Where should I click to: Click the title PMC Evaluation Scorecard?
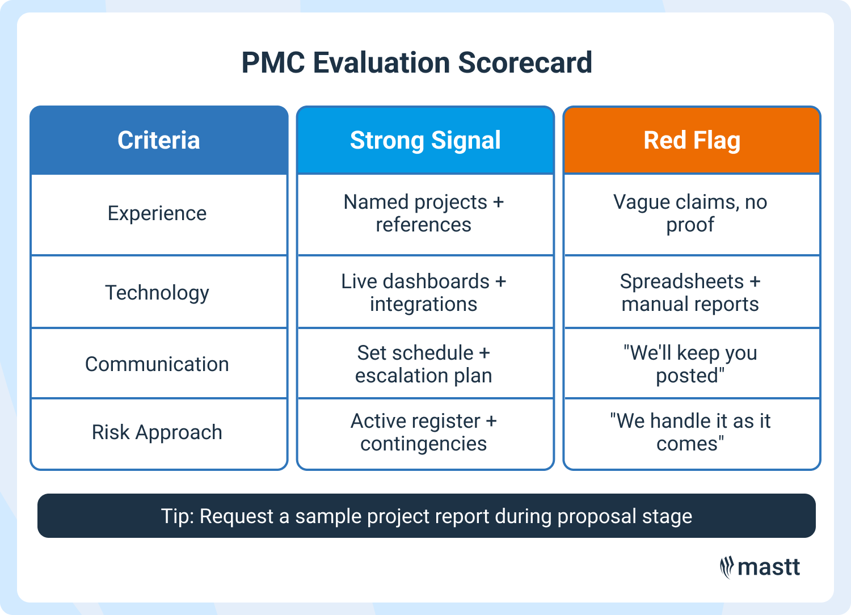[x=417, y=62]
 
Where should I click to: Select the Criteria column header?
[x=159, y=140]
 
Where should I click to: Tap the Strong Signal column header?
[x=425, y=140]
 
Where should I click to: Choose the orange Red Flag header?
[x=692, y=140]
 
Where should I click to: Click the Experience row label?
[x=157, y=213]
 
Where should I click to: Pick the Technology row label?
[x=157, y=293]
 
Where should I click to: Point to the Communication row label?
[x=157, y=364]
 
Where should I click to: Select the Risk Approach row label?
[x=157, y=432]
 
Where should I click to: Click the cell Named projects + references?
[x=424, y=213]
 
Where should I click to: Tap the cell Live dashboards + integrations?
[x=424, y=293]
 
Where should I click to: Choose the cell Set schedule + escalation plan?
[x=424, y=364]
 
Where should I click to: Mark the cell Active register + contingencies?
[x=424, y=432]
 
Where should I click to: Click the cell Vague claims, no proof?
[x=690, y=213]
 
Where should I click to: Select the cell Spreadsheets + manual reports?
[x=690, y=293]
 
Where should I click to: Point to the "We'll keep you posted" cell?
[x=690, y=364]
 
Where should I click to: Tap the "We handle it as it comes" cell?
[x=690, y=432]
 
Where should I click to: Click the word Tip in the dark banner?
[x=176, y=516]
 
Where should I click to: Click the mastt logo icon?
[x=727, y=567]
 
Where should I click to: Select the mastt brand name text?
[x=769, y=567]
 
